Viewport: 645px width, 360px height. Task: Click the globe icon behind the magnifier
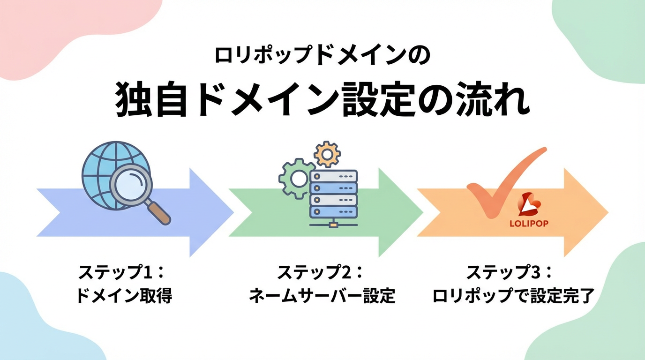tap(101, 164)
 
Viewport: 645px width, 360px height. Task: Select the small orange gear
tap(327, 154)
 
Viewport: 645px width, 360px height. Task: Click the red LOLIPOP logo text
tap(528, 224)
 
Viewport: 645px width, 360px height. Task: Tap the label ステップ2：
tap(321, 272)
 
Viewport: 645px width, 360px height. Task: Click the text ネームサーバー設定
tap(322, 296)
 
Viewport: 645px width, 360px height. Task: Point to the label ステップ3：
tap(510, 272)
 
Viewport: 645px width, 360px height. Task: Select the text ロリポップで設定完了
tap(513, 296)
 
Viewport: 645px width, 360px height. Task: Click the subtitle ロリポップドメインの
tap(322, 56)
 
